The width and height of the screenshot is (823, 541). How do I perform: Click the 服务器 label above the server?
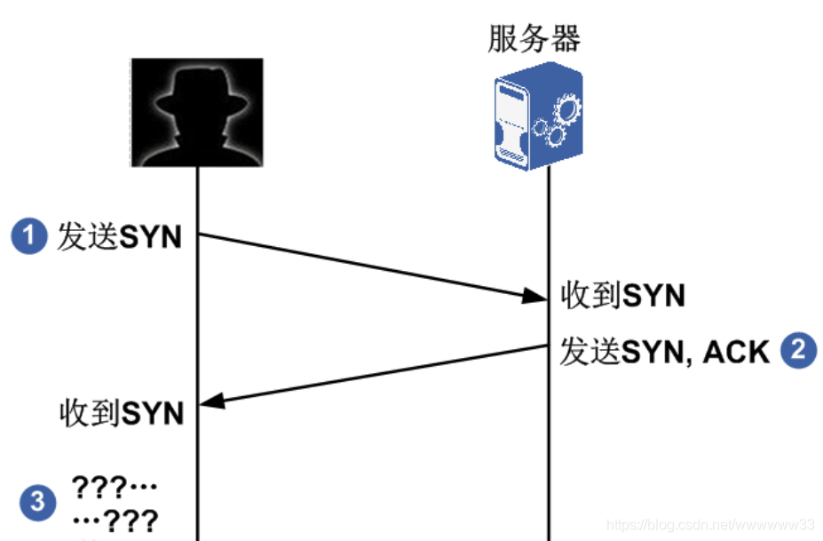(x=534, y=39)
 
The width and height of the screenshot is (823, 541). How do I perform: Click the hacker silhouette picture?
(x=197, y=112)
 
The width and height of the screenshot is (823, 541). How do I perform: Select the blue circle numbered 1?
(x=28, y=237)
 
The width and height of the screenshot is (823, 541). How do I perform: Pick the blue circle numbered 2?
(x=797, y=351)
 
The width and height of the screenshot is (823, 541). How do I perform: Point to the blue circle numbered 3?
(x=36, y=502)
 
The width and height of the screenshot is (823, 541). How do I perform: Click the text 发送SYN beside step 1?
(x=120, y=237)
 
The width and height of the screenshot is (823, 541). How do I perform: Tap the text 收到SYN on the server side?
(x=623, y=296)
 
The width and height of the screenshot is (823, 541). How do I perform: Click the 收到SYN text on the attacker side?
(x=122, y=413)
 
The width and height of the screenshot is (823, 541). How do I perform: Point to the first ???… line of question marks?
(x=115, y=488)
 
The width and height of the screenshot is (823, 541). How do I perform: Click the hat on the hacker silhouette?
(x=196, y=89)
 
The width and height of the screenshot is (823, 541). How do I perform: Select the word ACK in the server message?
(x=735, y=353)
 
